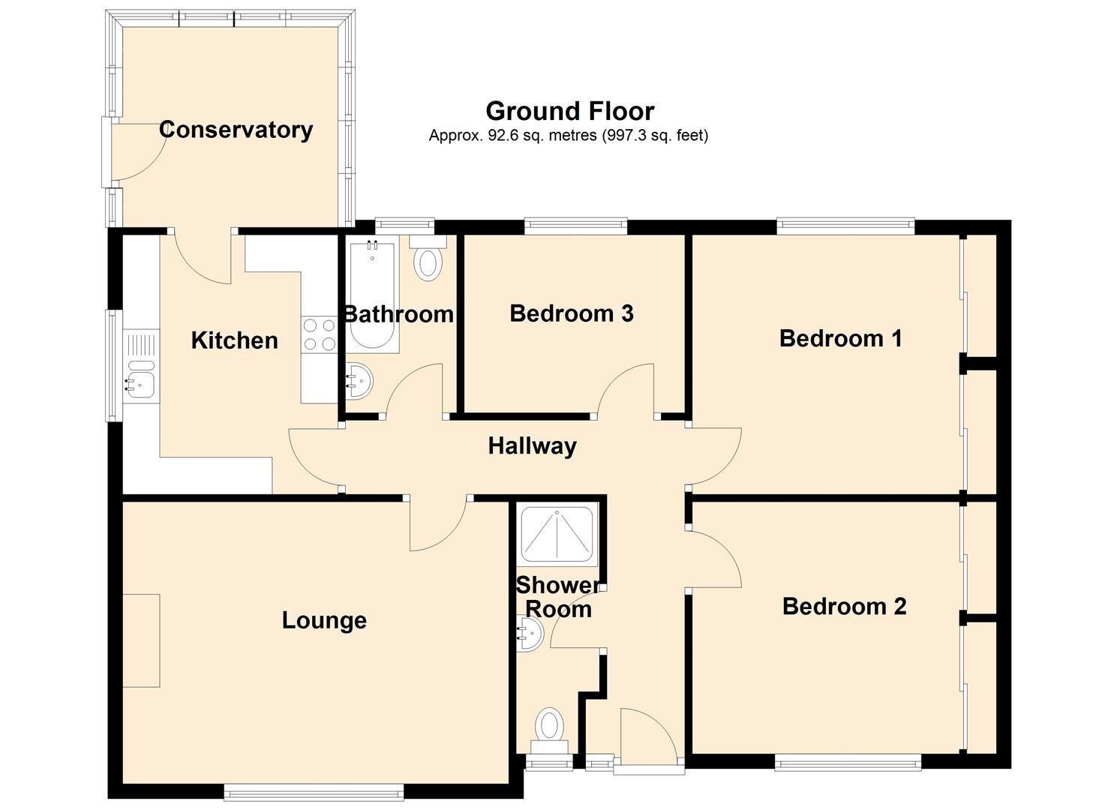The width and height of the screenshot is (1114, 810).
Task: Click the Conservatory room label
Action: [x=236, y=130]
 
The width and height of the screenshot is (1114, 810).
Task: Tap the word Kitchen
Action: [x=234, y=340]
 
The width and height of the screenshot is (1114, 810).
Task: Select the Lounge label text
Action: [x=324, y=621]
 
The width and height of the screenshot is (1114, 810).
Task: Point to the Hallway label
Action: [x=532, y=446]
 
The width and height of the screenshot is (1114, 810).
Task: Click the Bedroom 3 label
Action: [x=572, y=313]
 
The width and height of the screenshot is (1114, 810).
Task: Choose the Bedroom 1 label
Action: [x=840, y=338]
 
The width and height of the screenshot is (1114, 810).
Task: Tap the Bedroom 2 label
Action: [x=845, y=607]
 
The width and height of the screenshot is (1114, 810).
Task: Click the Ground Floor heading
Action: [x=570, y=112]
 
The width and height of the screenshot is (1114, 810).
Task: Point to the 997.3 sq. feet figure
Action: [x=655, y=135]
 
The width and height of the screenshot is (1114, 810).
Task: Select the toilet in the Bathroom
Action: [x=428, y=259]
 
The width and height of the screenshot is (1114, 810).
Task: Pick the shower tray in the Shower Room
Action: [x=557, y=535]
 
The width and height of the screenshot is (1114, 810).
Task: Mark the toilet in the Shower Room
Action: [x=550, y=731]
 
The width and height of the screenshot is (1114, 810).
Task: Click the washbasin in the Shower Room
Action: [x=530, y=634]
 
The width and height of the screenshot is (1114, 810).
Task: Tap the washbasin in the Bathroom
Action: [x=359, y=381]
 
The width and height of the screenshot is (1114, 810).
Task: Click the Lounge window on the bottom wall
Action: [x=314, y=791]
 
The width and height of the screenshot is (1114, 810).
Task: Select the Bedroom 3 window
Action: [x=576, y=226]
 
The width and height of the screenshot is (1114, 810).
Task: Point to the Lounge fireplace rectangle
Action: [x=141, y=640]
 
